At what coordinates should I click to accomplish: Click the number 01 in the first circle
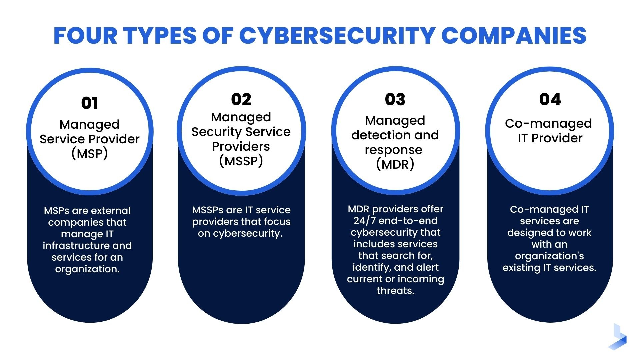pyautogui.click(x=90, y=103)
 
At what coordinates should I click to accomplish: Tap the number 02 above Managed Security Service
pyautogui.click(x=241, y=99)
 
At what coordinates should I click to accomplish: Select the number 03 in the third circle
pyautogui.click(x=395, y=99)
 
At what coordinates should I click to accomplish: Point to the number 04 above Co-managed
pyautogui.click(x=550, y=99)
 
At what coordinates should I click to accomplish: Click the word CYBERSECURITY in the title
pyautogui.click(x=337, y=36)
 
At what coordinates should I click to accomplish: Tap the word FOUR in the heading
pyautogui.click(x=85, y=36)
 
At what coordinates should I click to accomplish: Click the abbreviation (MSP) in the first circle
pyautogui.click(x=90, y=154)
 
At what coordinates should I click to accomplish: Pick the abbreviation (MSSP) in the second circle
pyautogui.click(x=241, y=161)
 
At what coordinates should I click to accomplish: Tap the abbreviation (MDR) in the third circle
pyautogui.click(x=395, y=164)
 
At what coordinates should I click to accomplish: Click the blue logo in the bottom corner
pyautogui.click(x=618, y=337)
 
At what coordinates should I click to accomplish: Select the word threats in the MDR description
pyautogui.click(x=395, y=291)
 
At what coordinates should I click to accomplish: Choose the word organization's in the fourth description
pyautogui.click(x=549, y=256)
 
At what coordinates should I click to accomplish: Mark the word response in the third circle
pyautogui.click(x=393, y=150)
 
